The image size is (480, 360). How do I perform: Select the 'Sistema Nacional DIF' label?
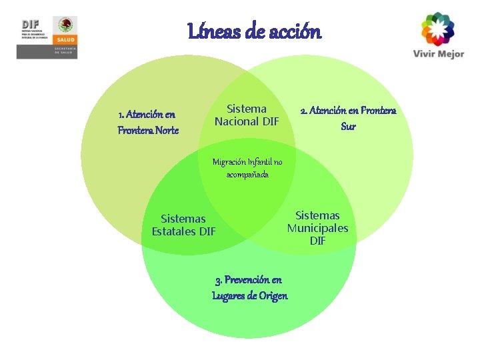click(247, 115)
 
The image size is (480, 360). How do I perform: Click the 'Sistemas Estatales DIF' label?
click(183, 225)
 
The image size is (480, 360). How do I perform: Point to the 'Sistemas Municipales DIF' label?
click(317, 228)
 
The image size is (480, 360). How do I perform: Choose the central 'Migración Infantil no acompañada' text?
click(247, 167)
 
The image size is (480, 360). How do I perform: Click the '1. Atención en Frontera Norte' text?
click(148, 122)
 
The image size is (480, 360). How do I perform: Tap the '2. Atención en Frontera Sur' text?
click(348, 118)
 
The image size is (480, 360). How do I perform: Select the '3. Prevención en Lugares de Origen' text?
click(249, 287)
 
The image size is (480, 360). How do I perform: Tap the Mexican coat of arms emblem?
click(66, 26)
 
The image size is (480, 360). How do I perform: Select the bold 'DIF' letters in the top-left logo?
click(29, 23)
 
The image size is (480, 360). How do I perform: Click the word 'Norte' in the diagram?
click(165, 131)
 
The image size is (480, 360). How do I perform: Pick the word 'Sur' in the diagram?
click(348, 127)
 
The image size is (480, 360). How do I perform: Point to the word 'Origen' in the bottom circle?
click(273, 296)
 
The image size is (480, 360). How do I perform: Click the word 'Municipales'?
click(317, 228)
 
